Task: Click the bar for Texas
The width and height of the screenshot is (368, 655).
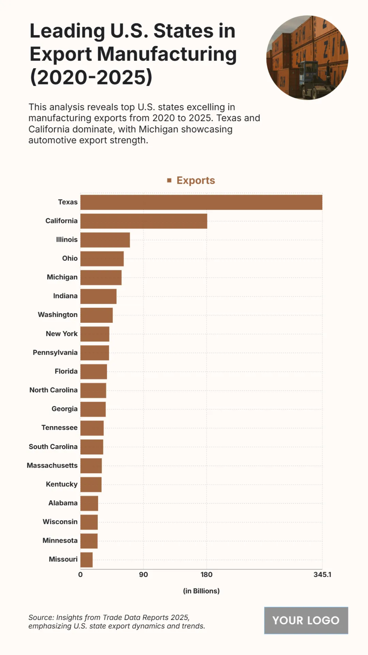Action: [201, 202]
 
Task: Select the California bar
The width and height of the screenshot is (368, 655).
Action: [144, 221]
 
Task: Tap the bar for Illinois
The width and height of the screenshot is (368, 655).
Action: [105, 240]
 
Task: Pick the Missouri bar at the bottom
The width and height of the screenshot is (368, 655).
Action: [86, 560]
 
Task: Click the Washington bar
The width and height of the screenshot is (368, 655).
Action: [96, 315]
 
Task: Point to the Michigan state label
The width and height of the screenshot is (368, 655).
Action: [62, 277]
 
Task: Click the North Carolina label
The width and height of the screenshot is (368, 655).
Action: [53, 390]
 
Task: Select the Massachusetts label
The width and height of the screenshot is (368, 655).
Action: [52, 466]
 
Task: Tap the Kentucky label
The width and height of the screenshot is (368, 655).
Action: [62, 484]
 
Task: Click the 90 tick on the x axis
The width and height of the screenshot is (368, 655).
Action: [144, 575]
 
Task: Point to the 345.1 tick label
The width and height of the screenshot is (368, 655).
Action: [322, 575]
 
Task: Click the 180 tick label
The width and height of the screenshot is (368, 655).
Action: [206, 575]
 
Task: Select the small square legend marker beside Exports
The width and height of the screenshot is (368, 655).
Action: [169, 180]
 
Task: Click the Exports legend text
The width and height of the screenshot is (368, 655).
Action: [196, 180]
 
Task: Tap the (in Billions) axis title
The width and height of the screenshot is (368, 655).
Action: [201, 591]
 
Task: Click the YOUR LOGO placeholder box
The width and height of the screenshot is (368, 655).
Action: [306, 620]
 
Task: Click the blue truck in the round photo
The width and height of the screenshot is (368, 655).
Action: [308, 75]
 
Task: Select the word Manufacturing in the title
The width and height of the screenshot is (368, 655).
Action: [167, 54]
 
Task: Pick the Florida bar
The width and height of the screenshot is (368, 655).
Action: [94, 372]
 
